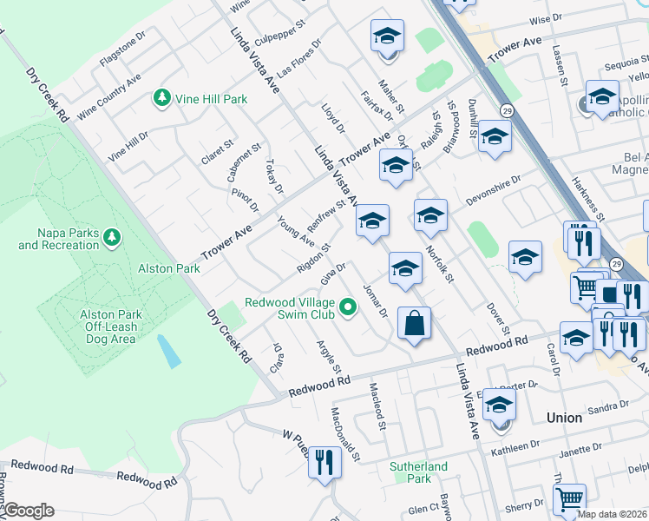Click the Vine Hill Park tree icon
pos(161,99)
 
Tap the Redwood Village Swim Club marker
pos(348,307)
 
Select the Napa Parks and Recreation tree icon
pos(110,236)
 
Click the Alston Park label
pos(169,269)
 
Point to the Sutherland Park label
pos(418,472)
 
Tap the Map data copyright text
pos(613,514)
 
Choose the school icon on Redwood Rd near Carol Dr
pos(576,339)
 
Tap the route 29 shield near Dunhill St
pos(506,110)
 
